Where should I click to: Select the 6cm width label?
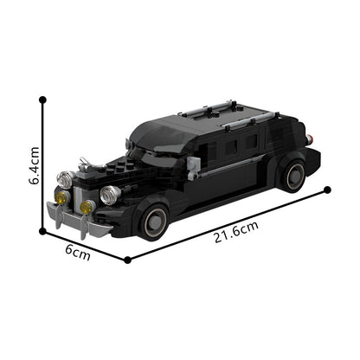coord(78,254)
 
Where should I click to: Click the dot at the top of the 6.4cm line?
coord(42,100)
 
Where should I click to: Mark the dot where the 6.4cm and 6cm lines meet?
coord(42,231)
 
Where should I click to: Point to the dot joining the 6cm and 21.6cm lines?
coord(127,259)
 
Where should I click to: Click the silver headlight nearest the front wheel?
coord(108,195)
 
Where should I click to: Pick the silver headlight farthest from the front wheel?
coord(65,179)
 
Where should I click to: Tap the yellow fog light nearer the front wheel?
coord(87,207)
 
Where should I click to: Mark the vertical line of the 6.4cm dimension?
coord(42,164)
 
